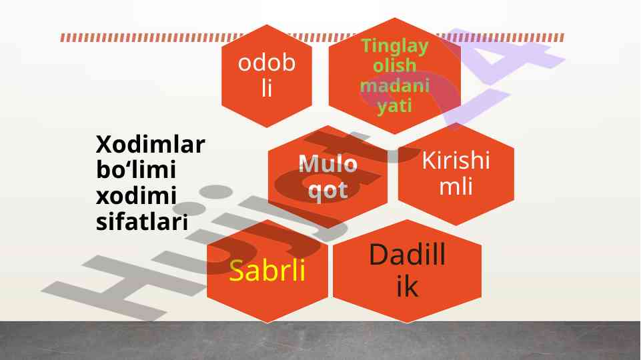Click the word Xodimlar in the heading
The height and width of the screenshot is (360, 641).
point(151,145)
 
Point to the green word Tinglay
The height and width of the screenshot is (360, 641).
point(394,47)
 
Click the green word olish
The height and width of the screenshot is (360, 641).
point(394,67)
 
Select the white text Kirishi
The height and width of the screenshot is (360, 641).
point(456,161)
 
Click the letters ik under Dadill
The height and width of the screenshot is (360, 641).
point(407,287)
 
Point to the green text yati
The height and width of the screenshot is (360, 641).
point(394,106)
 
